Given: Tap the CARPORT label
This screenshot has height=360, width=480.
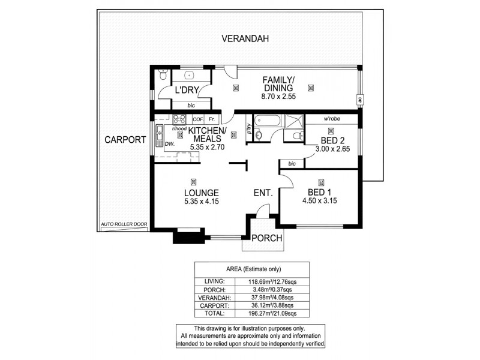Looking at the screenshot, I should click(125, 139).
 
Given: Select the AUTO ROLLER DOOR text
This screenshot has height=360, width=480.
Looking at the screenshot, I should click(124, 224).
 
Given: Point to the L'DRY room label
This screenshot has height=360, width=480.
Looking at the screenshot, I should click(187, 91).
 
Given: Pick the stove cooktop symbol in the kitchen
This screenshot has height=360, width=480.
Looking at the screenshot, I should click(179, 118).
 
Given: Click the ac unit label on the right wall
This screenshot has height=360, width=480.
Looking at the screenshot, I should click(359, 100).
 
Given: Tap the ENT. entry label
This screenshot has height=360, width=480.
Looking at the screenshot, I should click(263, 193).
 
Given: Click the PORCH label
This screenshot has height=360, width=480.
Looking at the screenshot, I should click(266, 237).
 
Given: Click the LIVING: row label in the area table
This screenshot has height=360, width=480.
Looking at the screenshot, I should click(214, 281).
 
